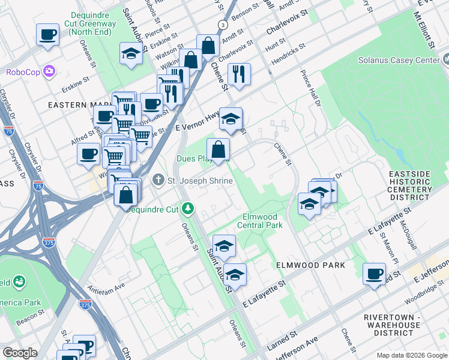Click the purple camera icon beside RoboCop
click(49, 72)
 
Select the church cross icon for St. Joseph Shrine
click(157, 179)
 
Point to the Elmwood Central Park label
click(262, 221)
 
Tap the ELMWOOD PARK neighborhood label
click(310, 265)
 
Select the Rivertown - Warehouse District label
click(400, 325)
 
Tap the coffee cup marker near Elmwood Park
click(375, 274)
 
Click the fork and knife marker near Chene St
click(239, 74)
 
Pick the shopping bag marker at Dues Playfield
click(218, 149)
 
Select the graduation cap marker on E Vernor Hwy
click(231, 118)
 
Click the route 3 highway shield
click(222, 25)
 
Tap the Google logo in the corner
click(20, 353)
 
